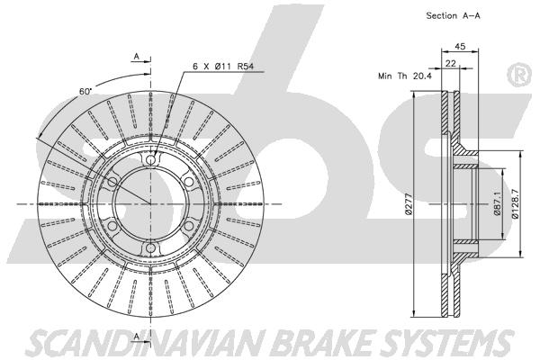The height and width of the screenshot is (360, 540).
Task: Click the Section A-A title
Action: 453,15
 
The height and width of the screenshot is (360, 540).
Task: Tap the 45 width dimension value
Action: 460,46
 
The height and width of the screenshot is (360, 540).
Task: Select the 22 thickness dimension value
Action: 451,63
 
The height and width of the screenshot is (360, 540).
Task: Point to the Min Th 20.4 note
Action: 405,76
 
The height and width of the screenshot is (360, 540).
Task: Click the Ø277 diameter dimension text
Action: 409,204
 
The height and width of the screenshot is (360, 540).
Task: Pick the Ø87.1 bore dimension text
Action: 497,204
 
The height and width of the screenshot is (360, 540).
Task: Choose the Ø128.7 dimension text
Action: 515,203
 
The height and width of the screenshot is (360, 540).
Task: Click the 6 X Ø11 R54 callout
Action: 223,66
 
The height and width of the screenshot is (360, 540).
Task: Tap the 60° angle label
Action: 85,91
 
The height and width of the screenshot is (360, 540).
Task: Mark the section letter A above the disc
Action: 137,56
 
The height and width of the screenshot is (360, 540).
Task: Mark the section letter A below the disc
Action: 137,337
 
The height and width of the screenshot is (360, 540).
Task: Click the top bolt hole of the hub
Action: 150,159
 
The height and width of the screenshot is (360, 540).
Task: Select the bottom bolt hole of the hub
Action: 150,248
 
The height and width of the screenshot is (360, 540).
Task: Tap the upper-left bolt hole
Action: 112,182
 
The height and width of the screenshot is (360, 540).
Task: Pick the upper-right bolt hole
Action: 189,182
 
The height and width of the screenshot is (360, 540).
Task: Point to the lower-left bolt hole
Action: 112,226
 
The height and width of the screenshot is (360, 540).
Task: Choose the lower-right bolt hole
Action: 189,226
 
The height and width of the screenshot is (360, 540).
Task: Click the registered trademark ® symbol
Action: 520,75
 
